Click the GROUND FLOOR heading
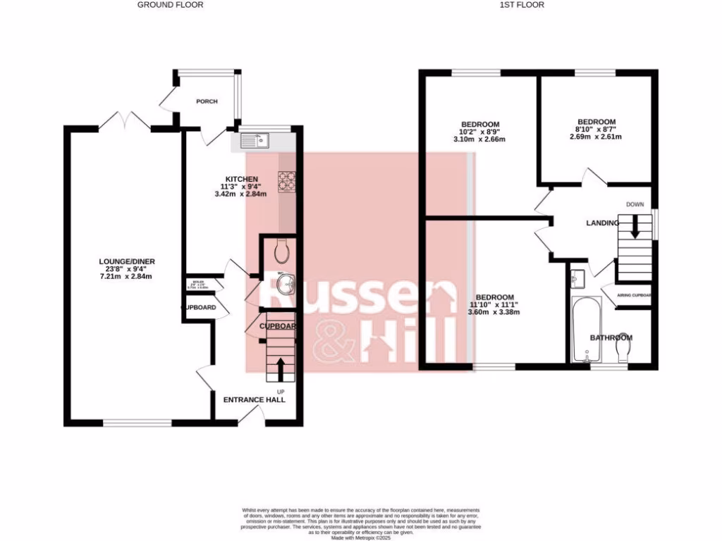click(x=170, y=5)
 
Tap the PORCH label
click(x=207, y=101)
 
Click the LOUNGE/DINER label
click(x=126, y=261)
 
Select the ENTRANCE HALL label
click(x=255, y=399)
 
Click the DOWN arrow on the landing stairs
click(x=635, y=227)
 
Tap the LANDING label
click(x=602, y=223)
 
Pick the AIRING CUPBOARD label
click(x=634, y=296)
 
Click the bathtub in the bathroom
click(x=586, y=329)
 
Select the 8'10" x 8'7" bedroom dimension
click(x=596, y=129)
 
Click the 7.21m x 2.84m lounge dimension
click(x=126, y=276)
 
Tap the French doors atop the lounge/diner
click(x=124, y=120)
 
